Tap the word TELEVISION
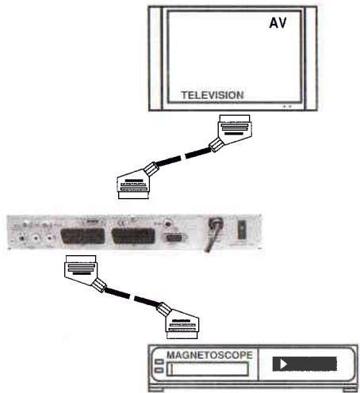[x=212, y=95]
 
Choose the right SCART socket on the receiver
[x=134, y=235]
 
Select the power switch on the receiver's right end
[x=243, y=232]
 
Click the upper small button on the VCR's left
[x=159, y=362]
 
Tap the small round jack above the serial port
[x=168, y=223]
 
